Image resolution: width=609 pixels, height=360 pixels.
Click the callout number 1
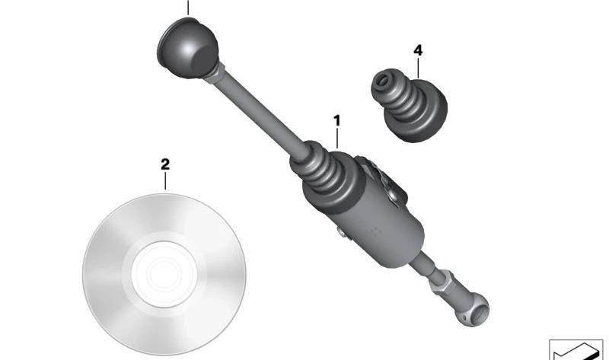[x=336, y=121]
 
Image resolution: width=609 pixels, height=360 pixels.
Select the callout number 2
[x=165, y=164]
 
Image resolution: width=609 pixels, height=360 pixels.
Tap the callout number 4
[x=418, y=50]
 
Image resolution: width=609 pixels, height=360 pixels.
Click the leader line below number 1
[x=337, y=139]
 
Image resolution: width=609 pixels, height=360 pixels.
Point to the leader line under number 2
[x=165, y=181]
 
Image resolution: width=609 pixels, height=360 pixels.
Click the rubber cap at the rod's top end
[x=187, y=48]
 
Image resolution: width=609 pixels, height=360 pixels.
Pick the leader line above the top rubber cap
[x=188, y=8]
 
